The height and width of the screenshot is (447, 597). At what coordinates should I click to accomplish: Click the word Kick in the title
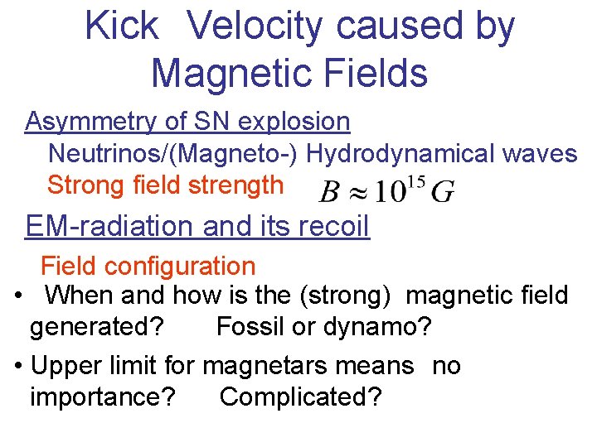121,26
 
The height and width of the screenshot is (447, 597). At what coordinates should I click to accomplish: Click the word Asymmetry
92,122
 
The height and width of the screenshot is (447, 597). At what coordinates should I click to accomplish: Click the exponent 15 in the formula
415,181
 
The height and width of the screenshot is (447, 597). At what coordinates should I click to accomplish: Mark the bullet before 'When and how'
19,296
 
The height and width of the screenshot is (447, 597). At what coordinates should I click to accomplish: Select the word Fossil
248,327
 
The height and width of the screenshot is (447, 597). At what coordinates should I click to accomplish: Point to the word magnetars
308,366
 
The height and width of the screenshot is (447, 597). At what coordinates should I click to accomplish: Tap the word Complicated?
300,397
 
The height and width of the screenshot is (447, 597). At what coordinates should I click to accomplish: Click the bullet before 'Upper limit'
19,366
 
